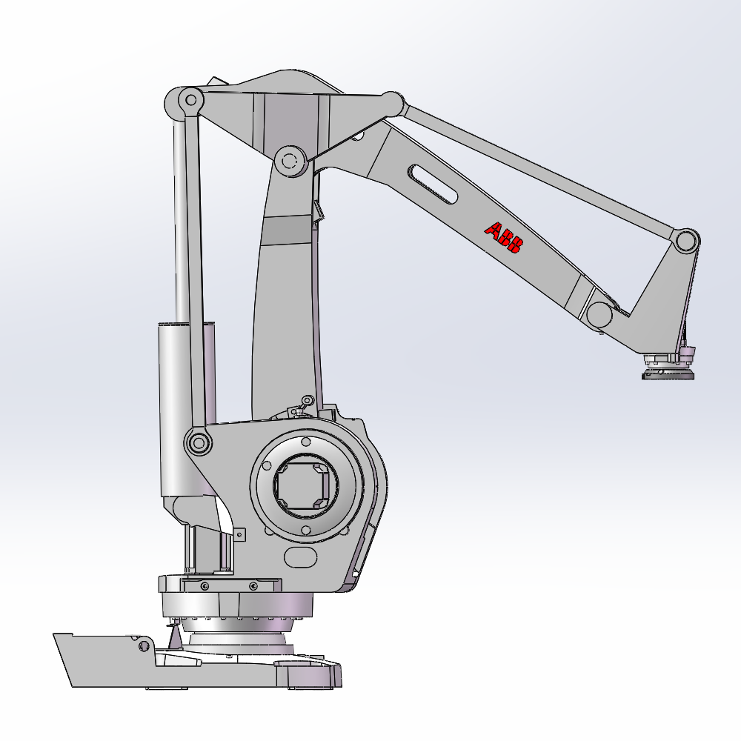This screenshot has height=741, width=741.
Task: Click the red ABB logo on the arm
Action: [x=504, y=238]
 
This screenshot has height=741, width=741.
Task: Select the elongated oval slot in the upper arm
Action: [x=433, y=185]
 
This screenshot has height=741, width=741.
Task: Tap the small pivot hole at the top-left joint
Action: [x=191, y=100]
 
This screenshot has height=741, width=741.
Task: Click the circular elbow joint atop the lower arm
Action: [x=290, y=161]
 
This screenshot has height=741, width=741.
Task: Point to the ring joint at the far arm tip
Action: [x=687, y=241]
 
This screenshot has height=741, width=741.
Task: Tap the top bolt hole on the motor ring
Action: [x=306, y=442]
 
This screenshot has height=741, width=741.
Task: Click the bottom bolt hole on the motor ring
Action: [x=306, y=530]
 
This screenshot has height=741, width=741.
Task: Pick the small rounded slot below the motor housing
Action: [x=301, y=558]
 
